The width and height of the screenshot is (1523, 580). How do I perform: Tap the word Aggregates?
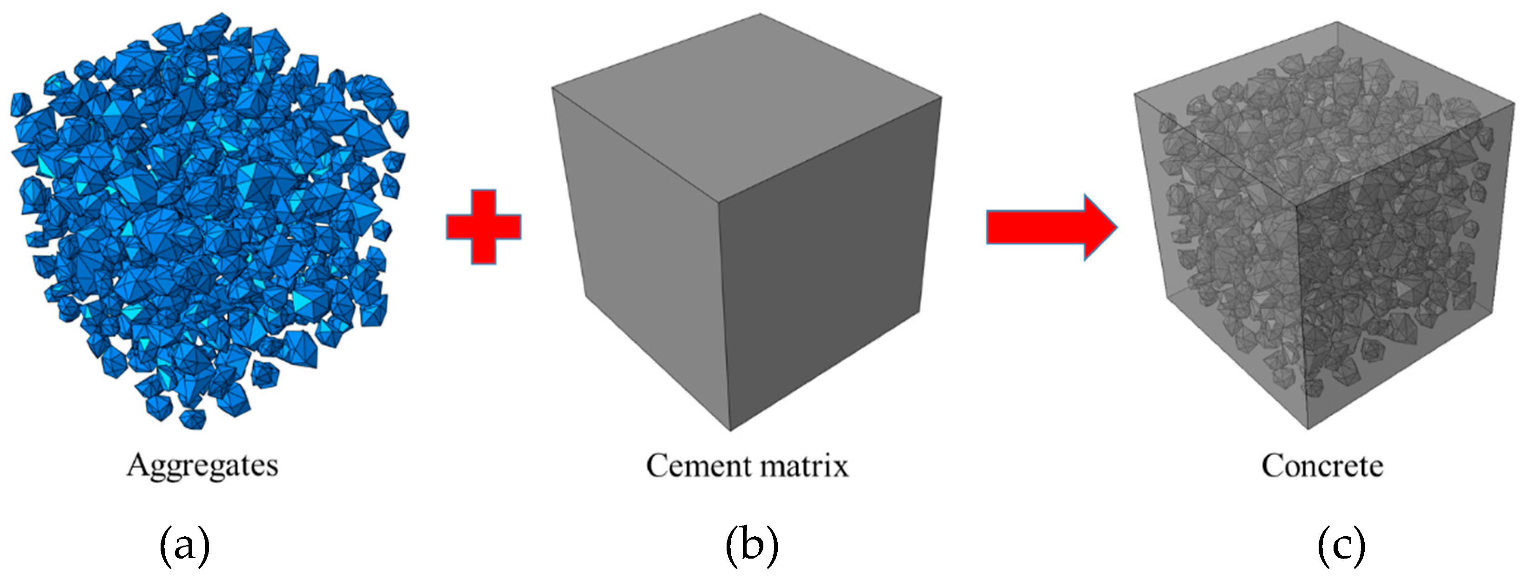[202, 466]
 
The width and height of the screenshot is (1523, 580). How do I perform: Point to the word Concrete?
[1322, 466]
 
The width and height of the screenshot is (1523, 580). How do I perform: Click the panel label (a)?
[184, 545]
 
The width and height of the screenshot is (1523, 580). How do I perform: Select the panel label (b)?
[751, 545]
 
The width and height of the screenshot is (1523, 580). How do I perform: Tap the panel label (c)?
[1341, 545]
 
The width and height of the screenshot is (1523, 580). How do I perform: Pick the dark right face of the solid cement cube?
[828, 266]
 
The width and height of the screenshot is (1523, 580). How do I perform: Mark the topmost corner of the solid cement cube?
[760, 14]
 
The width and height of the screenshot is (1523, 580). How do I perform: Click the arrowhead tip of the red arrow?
[1116, 228]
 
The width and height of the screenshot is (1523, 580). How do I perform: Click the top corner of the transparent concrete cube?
[1337, 22]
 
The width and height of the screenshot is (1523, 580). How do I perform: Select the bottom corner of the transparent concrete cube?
[1307, 429]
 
